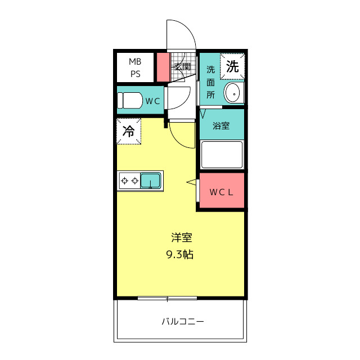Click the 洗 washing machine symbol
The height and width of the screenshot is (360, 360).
coord(232,66)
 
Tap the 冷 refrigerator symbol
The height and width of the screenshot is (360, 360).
coord(129,132)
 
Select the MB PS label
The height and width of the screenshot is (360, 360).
coord(135,67)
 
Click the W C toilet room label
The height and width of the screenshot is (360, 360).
coord(153,101)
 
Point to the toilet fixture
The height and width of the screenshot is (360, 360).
coord(130,101)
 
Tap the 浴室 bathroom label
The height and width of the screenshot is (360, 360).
coord(221,125)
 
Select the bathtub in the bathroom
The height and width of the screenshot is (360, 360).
coord(222,154)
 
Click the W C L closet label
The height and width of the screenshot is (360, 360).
coord(221,192)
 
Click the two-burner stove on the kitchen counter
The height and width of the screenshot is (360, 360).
coord(129,181)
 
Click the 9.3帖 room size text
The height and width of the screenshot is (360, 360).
coord(180,254)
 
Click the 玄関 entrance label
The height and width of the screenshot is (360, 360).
coord(182,67)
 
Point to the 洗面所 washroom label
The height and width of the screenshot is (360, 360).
coord(210,82)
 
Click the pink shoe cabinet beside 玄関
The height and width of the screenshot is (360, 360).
coord(163,67)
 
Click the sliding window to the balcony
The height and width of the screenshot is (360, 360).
coord(167,298)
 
